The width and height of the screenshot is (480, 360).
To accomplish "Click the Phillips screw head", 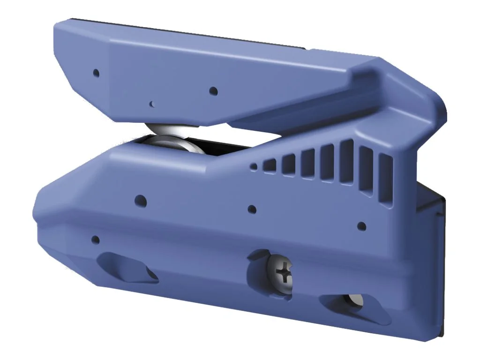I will coord(281,273).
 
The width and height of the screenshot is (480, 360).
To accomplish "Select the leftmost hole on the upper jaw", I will coord(96,73).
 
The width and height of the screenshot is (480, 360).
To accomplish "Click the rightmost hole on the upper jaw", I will coord(213,90).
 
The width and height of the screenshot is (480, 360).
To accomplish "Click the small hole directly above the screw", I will coord(252,210).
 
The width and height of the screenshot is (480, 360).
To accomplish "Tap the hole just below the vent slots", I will coord(361,226).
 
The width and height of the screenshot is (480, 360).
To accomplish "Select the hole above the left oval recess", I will coord(95,240).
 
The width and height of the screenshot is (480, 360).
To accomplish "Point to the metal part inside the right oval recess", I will coord(355,300).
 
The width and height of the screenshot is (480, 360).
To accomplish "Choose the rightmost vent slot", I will coord(386,180).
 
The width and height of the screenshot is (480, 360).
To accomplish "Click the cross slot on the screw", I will coord(283,272).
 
